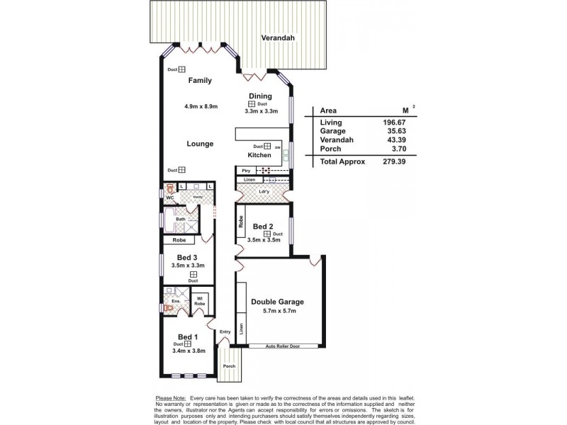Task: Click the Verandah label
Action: tap(276, 38)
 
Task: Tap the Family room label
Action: tap(200, 81)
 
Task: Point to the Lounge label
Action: tap(200, 144)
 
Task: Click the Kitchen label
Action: tap(259, 154)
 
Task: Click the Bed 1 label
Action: tap(188, 336)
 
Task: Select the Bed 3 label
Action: tap(188, 257)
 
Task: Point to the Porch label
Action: tap(228, 366)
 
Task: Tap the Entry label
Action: tap(225, 331)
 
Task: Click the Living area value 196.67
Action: tap(383, 123)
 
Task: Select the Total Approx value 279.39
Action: tap(383, 161)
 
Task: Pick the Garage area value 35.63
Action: tap(383, 132)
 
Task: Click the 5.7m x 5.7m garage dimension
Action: tap(278, 312)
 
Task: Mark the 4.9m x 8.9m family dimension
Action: tap(201, 106)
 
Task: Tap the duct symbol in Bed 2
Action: tap(266, 234)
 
